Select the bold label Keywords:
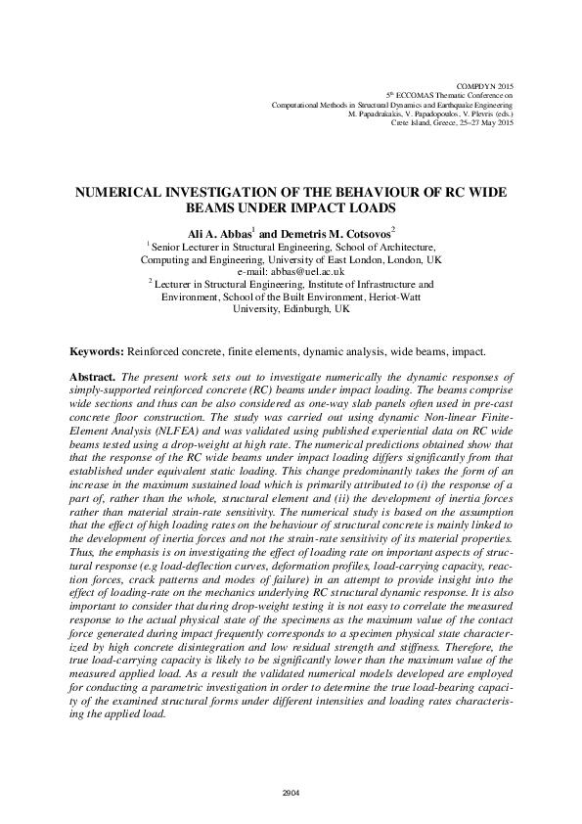click(96, 351)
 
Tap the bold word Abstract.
click(94, 377)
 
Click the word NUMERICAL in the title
click(123, 194)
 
